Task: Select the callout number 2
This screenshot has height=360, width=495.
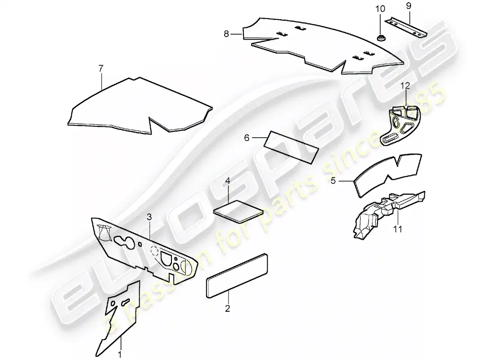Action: coord(227,308)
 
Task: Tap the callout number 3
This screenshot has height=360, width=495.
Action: coord(149,217)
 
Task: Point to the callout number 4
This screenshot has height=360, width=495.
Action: coord(228,181)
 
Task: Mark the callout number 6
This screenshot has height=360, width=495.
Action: coord(247,138)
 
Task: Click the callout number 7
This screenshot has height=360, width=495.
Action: coord(101,68)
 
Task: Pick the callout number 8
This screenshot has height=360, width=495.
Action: coord(226,33)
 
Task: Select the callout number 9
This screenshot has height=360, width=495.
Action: coord(409,7)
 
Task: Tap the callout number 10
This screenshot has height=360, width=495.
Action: coord(380,9)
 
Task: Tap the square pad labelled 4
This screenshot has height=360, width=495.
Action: coord(237,211)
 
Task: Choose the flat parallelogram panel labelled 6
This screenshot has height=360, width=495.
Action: coord(292,146)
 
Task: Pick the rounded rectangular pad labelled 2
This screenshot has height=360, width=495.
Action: coord(237,274)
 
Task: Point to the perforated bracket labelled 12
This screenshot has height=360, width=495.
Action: coord(401,124)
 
